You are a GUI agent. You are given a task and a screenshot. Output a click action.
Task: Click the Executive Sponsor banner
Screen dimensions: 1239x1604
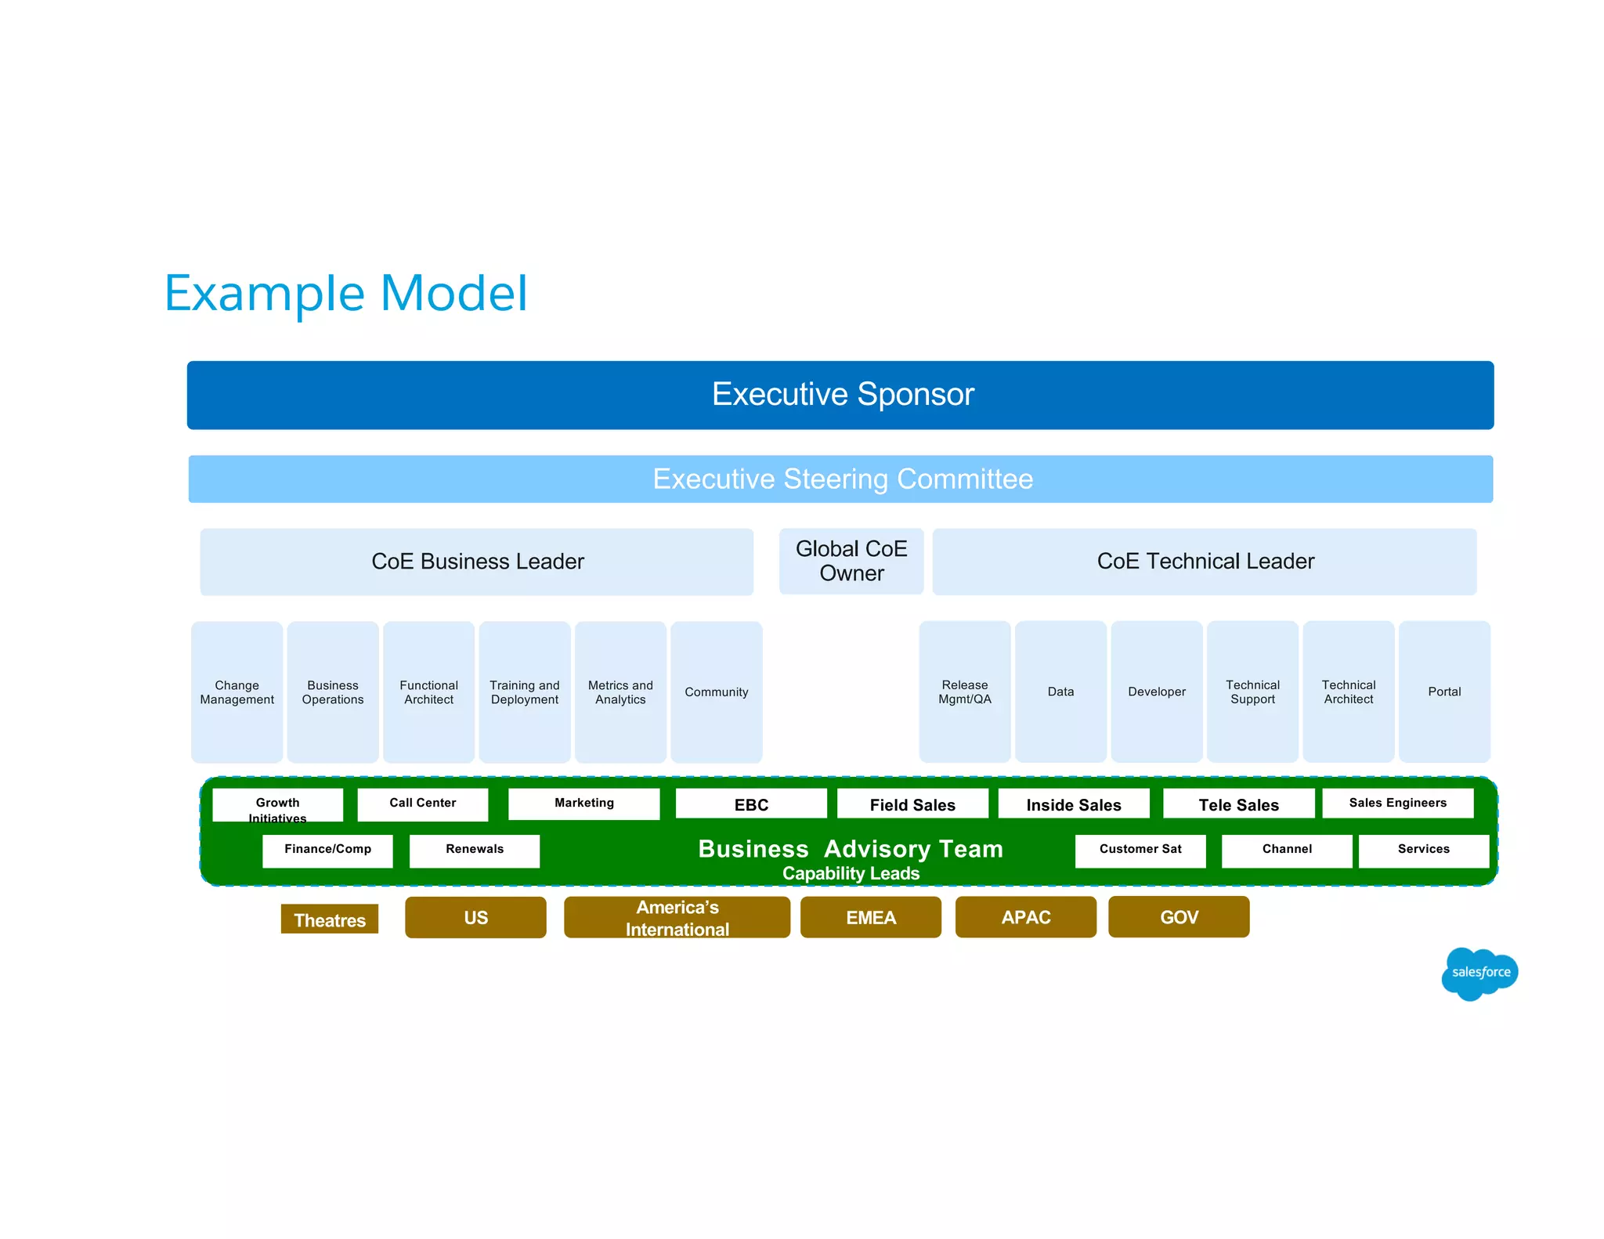(x=840, y=395)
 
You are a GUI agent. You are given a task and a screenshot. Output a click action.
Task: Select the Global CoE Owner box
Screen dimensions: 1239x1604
(x=851, y=561)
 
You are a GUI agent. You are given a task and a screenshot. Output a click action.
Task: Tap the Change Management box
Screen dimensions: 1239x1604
(x=237, y=692)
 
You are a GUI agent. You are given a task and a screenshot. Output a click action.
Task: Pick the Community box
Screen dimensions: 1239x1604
(x=716, y=692)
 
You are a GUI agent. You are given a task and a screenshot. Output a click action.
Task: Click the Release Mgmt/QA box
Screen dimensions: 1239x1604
(x=964, y=692)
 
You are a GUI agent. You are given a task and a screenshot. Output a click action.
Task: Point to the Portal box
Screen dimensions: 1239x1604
(x=1443, y=692)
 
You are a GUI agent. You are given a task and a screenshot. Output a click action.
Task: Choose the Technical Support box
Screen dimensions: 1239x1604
(x=1252, y=692)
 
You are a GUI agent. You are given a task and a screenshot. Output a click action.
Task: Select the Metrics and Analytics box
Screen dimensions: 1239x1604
(x=620, y=692)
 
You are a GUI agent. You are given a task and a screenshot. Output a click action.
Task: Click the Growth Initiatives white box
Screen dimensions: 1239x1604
(x=277, y=805)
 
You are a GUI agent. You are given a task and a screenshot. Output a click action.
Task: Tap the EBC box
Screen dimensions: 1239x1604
(x=750, y=804)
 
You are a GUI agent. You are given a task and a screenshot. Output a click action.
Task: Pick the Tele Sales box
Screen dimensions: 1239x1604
(x=1237, y=804)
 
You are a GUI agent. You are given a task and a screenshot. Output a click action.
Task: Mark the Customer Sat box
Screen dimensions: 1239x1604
(x=1140, y=850)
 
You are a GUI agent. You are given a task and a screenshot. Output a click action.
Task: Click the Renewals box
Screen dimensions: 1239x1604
(x=474, y=850)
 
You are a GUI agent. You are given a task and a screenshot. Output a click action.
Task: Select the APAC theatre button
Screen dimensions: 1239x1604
(x=1024, y=917)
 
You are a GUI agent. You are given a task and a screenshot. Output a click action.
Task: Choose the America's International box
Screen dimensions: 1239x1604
(x=676, y=917)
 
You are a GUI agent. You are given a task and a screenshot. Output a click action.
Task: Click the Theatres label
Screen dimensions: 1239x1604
(x=329, y=919)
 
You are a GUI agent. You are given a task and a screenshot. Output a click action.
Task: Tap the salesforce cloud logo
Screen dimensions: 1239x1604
(x=1479, y=973)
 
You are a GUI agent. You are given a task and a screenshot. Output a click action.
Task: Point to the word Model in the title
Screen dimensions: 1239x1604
(x=453, y=294)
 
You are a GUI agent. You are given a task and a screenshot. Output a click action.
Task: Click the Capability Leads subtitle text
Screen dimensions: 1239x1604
(x=850, y=873)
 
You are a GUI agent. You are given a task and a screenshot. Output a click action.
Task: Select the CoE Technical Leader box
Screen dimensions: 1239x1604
(x=1204, y=562)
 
